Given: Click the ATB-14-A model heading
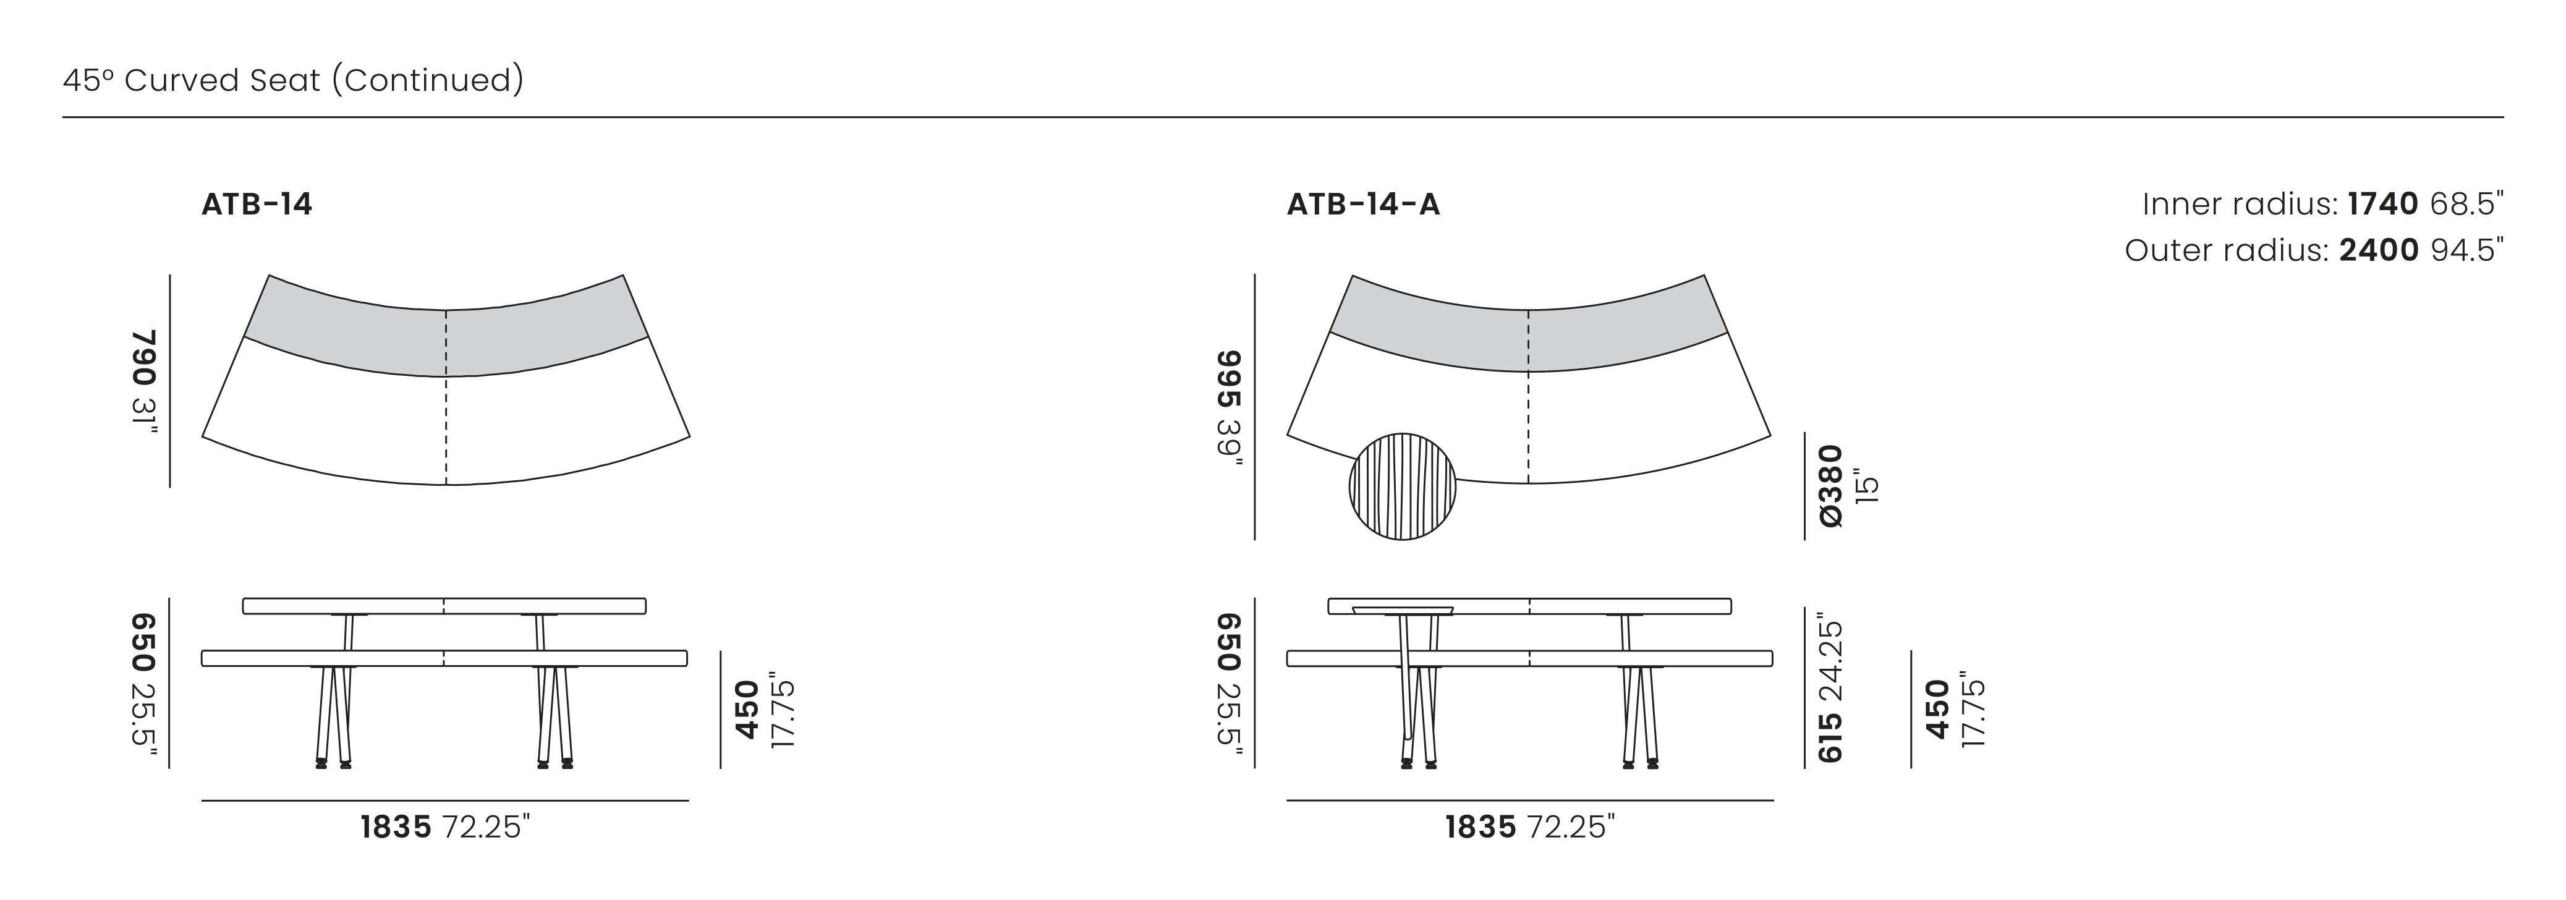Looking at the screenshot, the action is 1362,204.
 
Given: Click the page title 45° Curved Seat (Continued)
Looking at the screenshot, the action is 293,80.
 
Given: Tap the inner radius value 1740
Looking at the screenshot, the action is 2382,204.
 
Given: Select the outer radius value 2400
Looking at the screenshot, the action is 2379,250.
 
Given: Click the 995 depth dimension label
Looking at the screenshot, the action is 1229,380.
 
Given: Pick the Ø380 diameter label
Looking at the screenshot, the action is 1831,486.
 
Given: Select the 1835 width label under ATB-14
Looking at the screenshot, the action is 396,827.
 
